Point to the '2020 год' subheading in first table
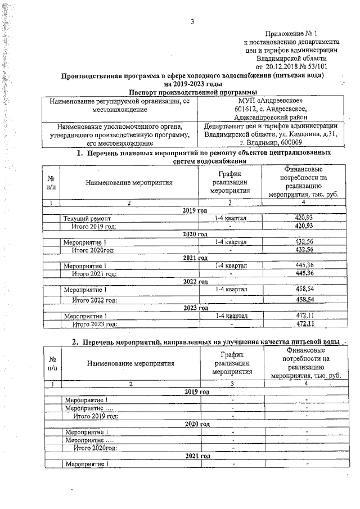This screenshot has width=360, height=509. pyautogui.click(x=195, y=233)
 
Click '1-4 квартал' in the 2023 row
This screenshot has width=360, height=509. pyautogui.click(x=231, y=316)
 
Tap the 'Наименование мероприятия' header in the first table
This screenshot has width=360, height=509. pyautogui.click(x=129, y=182)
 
